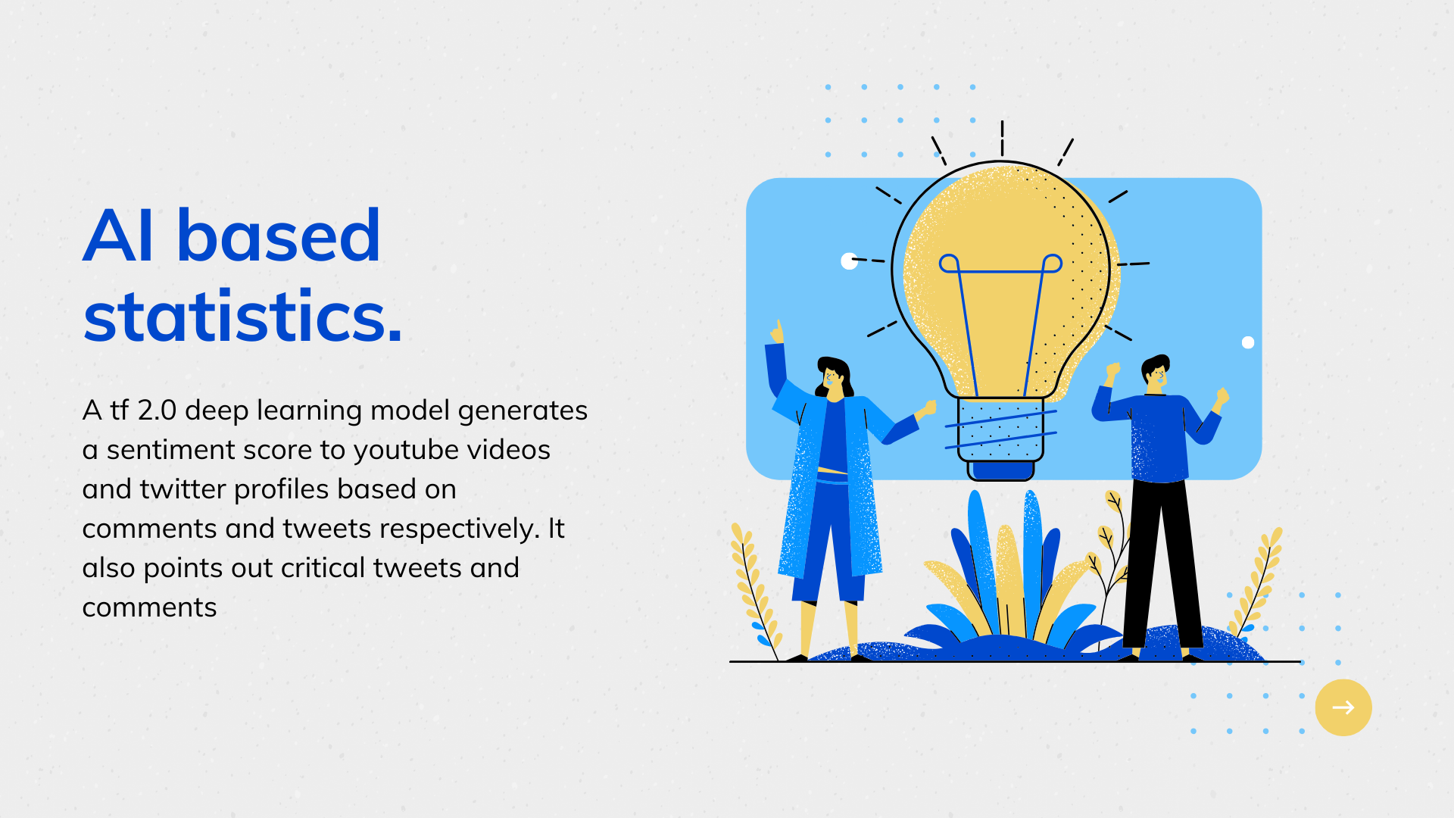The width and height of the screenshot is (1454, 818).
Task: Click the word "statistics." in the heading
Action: (x=242, y=316)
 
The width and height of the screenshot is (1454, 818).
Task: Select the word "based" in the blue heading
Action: (x=279, y=236)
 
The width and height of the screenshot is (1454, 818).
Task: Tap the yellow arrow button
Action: (x=1343, y=707)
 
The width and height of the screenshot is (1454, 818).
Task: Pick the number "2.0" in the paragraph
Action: (x=158, y=411)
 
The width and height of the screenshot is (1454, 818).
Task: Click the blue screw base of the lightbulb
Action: (x=1001, y=469)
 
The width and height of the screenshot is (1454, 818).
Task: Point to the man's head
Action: (x=1156, y=373)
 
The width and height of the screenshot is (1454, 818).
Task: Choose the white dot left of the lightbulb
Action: (x=850, y=261)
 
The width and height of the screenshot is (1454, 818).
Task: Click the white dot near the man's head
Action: (x=1248, y=342)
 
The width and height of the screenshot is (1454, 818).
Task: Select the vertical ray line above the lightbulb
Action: (x=1002, y=139)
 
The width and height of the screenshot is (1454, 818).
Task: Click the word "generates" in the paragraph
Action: (x=523, y=411)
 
